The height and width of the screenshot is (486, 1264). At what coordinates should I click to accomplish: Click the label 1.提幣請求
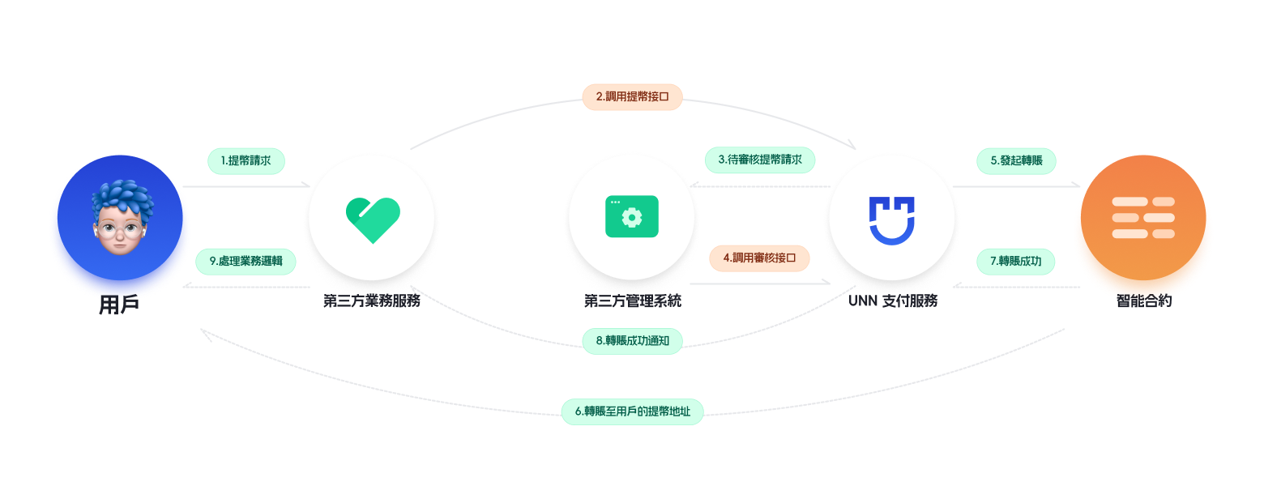[x=246, y=160]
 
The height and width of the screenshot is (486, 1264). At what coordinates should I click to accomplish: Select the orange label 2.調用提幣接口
[x=632, y=96]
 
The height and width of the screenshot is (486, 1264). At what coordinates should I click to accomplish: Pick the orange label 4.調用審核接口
[x=759, y=258]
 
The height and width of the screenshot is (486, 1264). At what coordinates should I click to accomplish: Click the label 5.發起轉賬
[x=1016, y=160]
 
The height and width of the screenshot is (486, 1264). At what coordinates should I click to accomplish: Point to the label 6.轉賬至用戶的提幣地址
[x=633, y=411]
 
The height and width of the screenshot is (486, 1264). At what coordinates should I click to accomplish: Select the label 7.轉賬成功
[x=1015, y=261]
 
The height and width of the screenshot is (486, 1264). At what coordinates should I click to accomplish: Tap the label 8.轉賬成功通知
[x=632, y=340]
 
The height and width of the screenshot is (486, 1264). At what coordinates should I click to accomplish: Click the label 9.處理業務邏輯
[x=246, y=261]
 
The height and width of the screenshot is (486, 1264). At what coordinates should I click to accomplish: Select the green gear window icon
[x=632, y=217]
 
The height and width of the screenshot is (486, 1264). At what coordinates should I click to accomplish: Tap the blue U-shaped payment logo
[x=891, y=219]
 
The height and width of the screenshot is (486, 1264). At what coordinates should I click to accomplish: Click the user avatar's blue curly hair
[x=122, y=198]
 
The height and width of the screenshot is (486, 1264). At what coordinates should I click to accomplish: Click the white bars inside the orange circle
[x=1143, y=218]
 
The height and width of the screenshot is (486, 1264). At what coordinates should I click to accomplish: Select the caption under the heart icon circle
[x=372, y=301]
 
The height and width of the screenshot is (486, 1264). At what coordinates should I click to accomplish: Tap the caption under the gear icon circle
[x=633, y=301]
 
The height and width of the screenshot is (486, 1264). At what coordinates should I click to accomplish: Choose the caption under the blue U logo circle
[x=892, y=301]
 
